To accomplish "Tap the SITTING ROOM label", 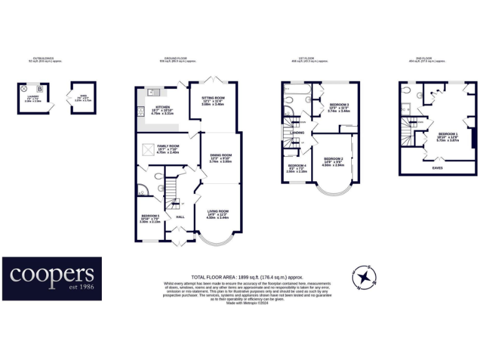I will pyautogui.click(x=213, y=98).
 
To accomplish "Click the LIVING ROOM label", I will pyautogui.click(x=217, y=211).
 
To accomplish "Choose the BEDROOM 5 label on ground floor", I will pyautogui.click(x=150, y=216).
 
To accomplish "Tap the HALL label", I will pyautogui.click(x=180, y=216).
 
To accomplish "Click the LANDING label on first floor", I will pyautogui.click(x=297, y=132).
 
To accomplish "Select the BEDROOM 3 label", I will pyautogui.click(x=339, y=104).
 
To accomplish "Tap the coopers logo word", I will pyautogui.click(x=52, y=274).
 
